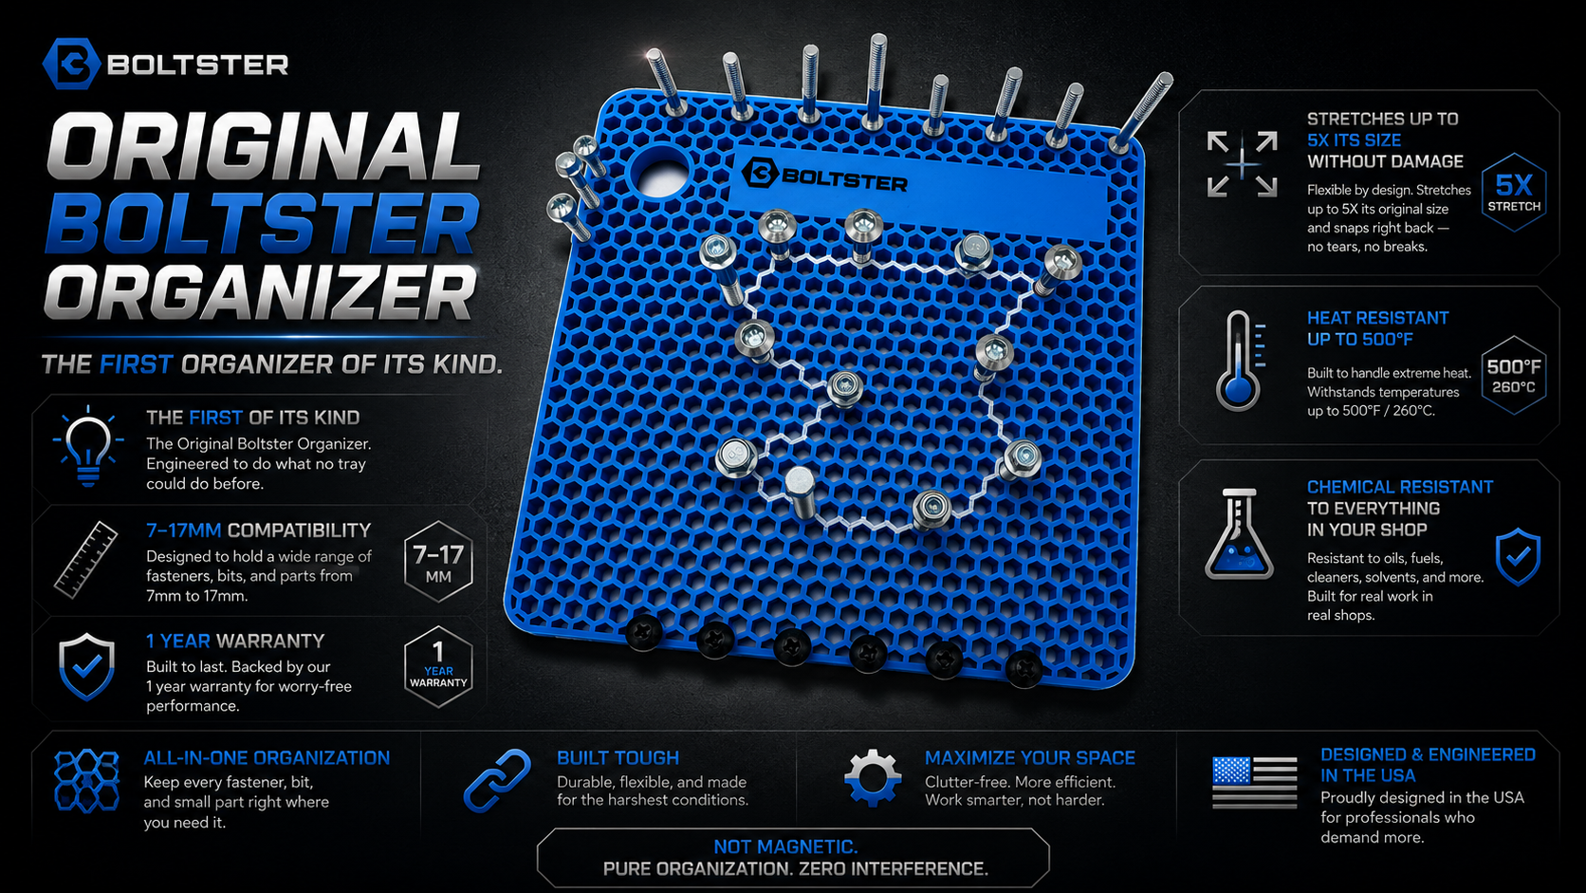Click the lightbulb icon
[88, 446]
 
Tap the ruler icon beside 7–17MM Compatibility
[86, 560]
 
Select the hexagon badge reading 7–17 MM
[438, 562]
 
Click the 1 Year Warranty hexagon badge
[438, 666]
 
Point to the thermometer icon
[1239, 362]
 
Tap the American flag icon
[1255, 783]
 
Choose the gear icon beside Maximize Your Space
[873, 777]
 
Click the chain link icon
[497, 780]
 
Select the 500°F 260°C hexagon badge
[1514, 376]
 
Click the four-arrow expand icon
[1242, 164]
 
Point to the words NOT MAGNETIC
[785, 846]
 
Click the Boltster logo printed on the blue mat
[824, 177]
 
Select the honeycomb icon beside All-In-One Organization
[87, 780]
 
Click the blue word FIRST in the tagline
[136, 364]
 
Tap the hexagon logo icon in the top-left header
[71, 64]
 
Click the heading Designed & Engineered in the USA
[1428, 765]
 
